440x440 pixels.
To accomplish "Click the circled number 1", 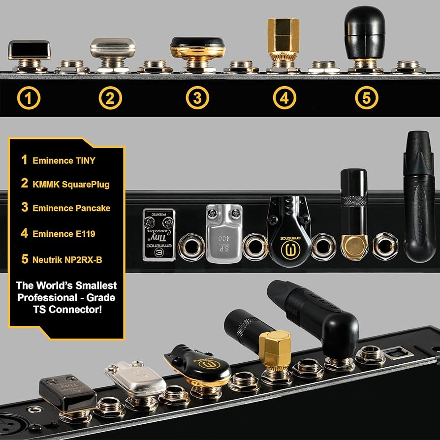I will (x=29, y=98).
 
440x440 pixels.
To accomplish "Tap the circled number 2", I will (x=110, y=98).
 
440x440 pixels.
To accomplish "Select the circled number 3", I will (x=197, y=98).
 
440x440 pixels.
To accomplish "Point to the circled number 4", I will (x=284, y=98).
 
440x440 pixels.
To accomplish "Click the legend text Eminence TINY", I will (x=64, y=160).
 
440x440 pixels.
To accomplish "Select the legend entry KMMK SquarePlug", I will (x=71, y=185).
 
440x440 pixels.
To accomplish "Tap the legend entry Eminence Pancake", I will (x=71, y=208).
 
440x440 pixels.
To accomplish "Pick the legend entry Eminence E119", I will (x=64, y=233).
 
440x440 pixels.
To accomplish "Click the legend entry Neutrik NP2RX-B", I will (x=67, y=259).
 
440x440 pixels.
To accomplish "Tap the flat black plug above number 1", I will (x=29, y=50).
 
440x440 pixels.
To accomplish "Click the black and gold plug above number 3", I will (x=197, y=48).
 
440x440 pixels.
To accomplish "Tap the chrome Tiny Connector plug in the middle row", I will (x=159, y=234).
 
